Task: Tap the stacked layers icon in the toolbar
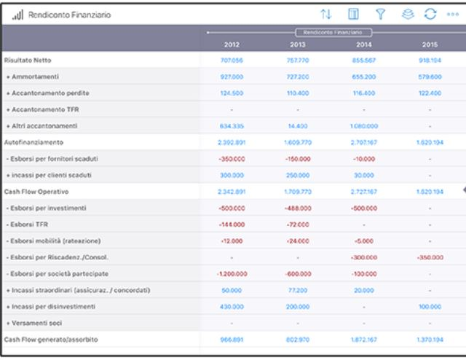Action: point(406,14)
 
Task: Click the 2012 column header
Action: point(231,44)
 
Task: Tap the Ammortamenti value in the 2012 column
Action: point(231,77)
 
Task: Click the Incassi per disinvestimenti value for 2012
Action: point(231,307)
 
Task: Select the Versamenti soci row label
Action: point(36,324)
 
